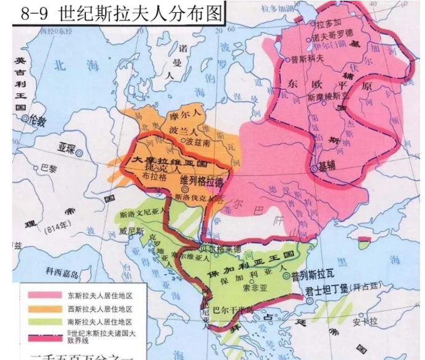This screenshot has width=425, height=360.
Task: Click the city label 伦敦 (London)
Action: (38, 122)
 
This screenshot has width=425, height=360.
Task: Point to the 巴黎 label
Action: (49, 167)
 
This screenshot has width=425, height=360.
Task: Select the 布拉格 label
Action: (155, 174)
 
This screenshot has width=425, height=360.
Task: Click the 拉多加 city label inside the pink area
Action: (329, 23)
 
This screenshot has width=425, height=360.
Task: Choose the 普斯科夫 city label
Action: (306, 59)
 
